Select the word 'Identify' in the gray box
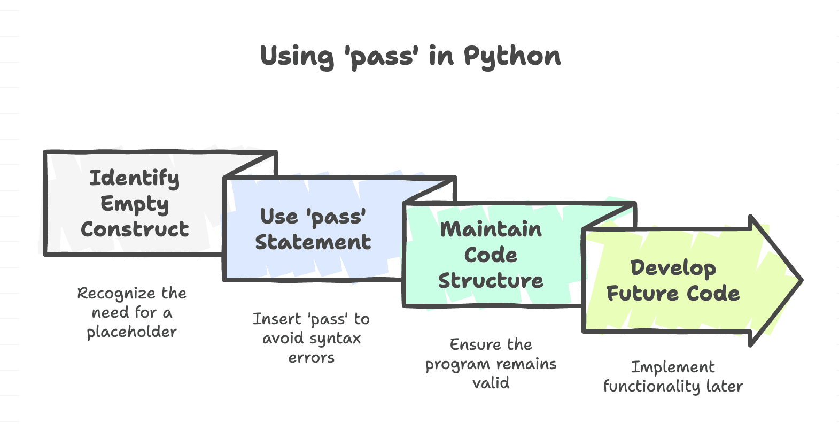(x=134, y=178)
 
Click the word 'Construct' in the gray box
(x=135, y=229)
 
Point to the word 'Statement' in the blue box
(x=313, y=242)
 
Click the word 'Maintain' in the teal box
(x=491, y=229)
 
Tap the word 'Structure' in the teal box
(x=491, y=281)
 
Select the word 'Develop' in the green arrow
(x=673, y=268)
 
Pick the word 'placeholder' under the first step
(x=131, y=332)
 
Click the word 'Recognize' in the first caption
(x=116, y=294)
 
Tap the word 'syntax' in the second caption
(x=335, y=339)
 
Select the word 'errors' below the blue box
(x=311, y=358)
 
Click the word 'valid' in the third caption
(x=491, y=383)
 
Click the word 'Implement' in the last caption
(x=673, y=367)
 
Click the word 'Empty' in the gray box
(x=134, y=204)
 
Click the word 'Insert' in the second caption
(x=277, y=319)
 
